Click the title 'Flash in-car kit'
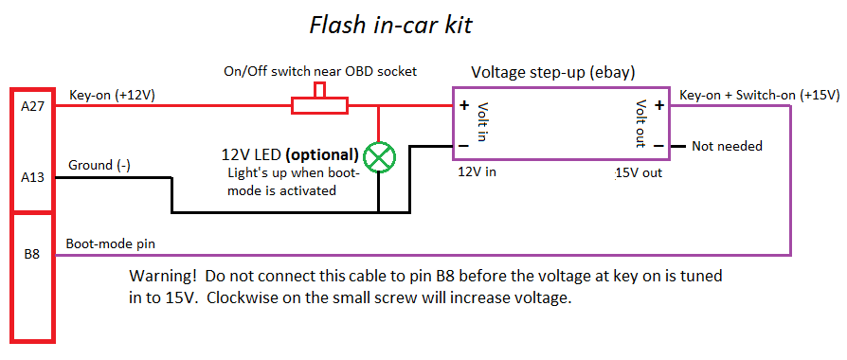(x=390, y=26)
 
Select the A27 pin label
(x=32, y=105)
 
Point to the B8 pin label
(x=32, y=254)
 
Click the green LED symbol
(x=379, y=158)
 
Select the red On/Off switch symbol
(x=320, y=100)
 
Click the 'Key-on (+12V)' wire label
(x=113, y=95)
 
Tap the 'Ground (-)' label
(x=99, y=166)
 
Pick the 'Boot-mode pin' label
(x=110, y=243)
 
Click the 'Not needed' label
(x=727, y=146)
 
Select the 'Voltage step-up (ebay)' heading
(x=553, y=72)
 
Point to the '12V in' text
(x=477, y=172)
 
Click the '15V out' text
(x=638, y=173)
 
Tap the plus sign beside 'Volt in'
(x=464, y=105)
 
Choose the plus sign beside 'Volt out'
(x=658, y=105)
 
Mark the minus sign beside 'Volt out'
(x=658, y=146)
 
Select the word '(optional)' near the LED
(x=322, y=154)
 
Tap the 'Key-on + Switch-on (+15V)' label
(x=760, y=95)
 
